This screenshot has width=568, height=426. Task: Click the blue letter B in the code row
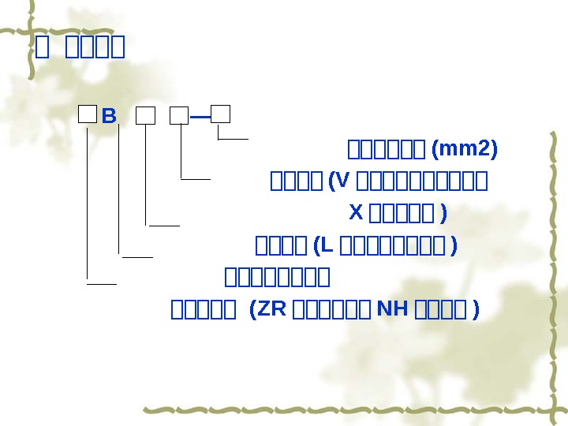point(109,118)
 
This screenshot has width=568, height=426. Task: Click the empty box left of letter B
point(87,116)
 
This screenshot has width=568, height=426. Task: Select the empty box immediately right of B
point(145,117)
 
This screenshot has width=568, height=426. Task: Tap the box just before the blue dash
point(180,117)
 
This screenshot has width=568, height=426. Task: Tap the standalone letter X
point(355,212)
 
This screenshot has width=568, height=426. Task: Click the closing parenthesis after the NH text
point(475,310)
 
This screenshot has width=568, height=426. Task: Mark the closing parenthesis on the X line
point(443,213)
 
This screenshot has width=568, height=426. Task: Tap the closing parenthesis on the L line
point(453,246)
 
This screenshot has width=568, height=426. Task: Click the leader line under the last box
point(234,138)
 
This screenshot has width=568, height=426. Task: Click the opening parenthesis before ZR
point(252,310)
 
